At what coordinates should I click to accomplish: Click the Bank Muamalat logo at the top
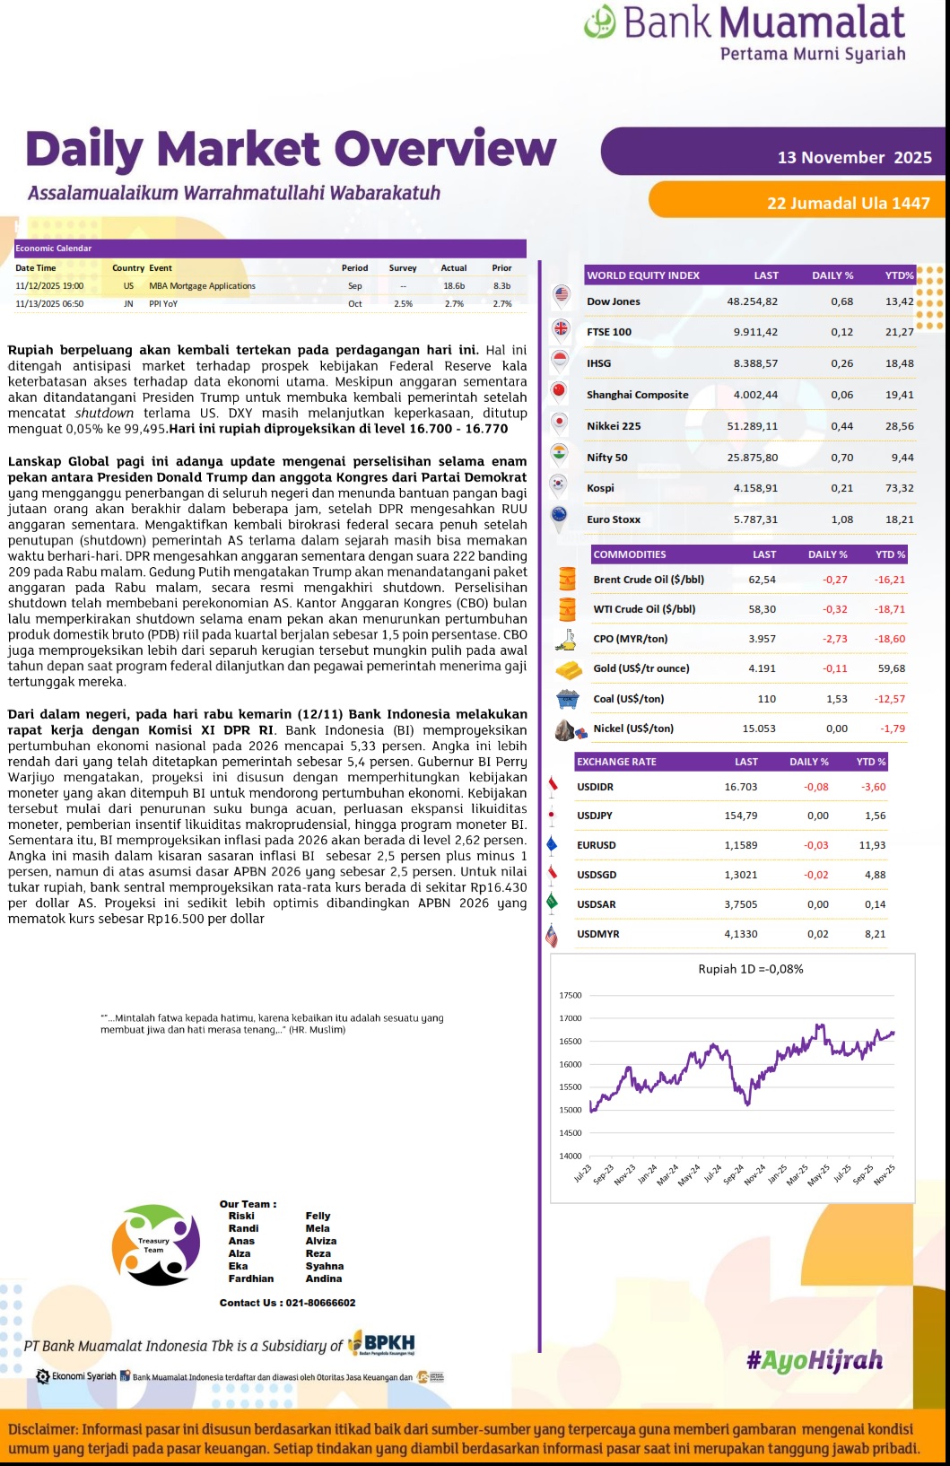(744, 33)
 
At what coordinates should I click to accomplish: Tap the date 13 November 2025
(854, 158)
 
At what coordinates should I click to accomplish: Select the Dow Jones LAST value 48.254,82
(752, 301)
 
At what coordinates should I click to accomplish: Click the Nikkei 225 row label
(614, 426)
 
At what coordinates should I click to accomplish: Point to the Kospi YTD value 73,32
(899, 488)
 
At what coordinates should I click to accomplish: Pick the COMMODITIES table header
(630, 554)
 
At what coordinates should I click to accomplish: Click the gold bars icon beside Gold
(568, 669)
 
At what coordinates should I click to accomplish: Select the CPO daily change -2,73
(834, 639)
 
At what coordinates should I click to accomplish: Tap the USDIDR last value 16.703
(741, 787)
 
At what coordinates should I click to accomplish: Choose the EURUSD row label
(597, 845)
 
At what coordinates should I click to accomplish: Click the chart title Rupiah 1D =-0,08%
(751, 969)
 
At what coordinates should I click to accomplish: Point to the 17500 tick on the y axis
(571, 995)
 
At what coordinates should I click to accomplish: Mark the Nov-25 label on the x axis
(885, 1174)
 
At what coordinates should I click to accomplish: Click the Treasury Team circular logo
(155, 1244)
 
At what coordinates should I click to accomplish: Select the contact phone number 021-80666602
(320, 1303)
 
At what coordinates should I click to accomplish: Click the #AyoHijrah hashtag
(815, 1361)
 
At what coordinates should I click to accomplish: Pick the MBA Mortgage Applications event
(202, 286)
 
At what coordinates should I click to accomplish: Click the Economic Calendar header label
(54, 249)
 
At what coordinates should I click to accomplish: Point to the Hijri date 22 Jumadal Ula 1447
(848, 204)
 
